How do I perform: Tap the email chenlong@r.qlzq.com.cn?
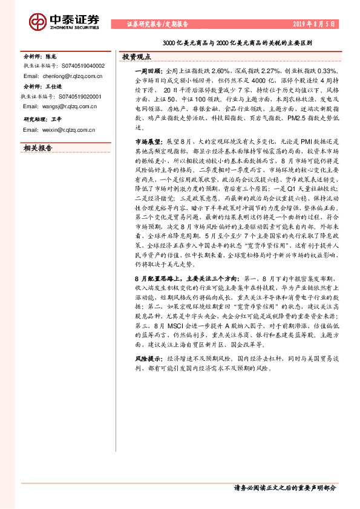pos(59,77)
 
